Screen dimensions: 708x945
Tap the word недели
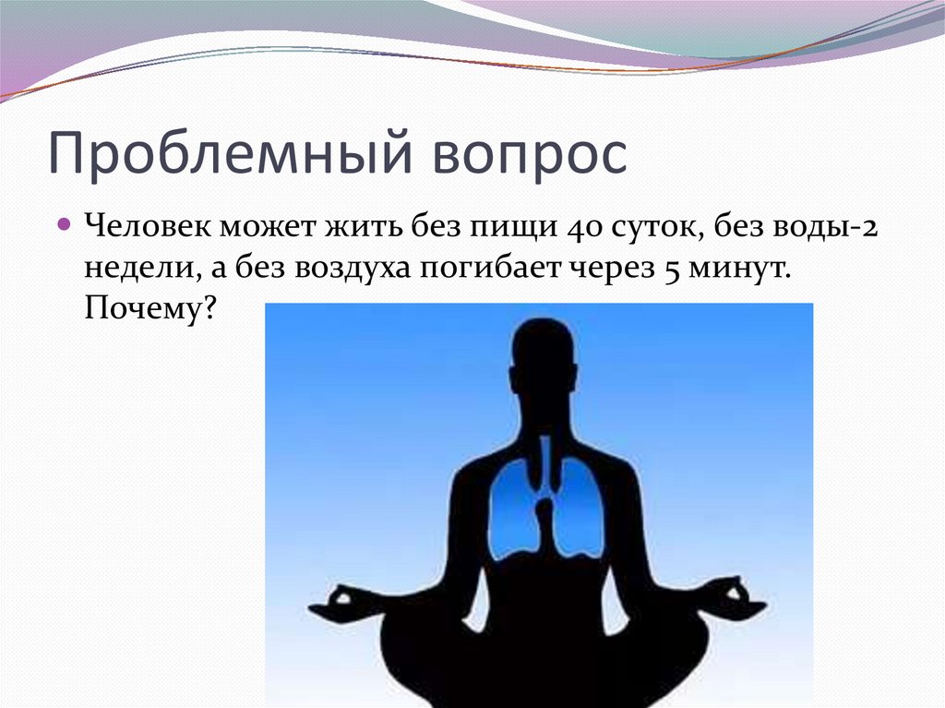[137, 268]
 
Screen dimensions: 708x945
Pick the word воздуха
[354, 270]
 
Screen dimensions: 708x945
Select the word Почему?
[150, 310]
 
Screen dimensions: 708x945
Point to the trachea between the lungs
[545, 466]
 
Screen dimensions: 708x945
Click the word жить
[355, 226]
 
